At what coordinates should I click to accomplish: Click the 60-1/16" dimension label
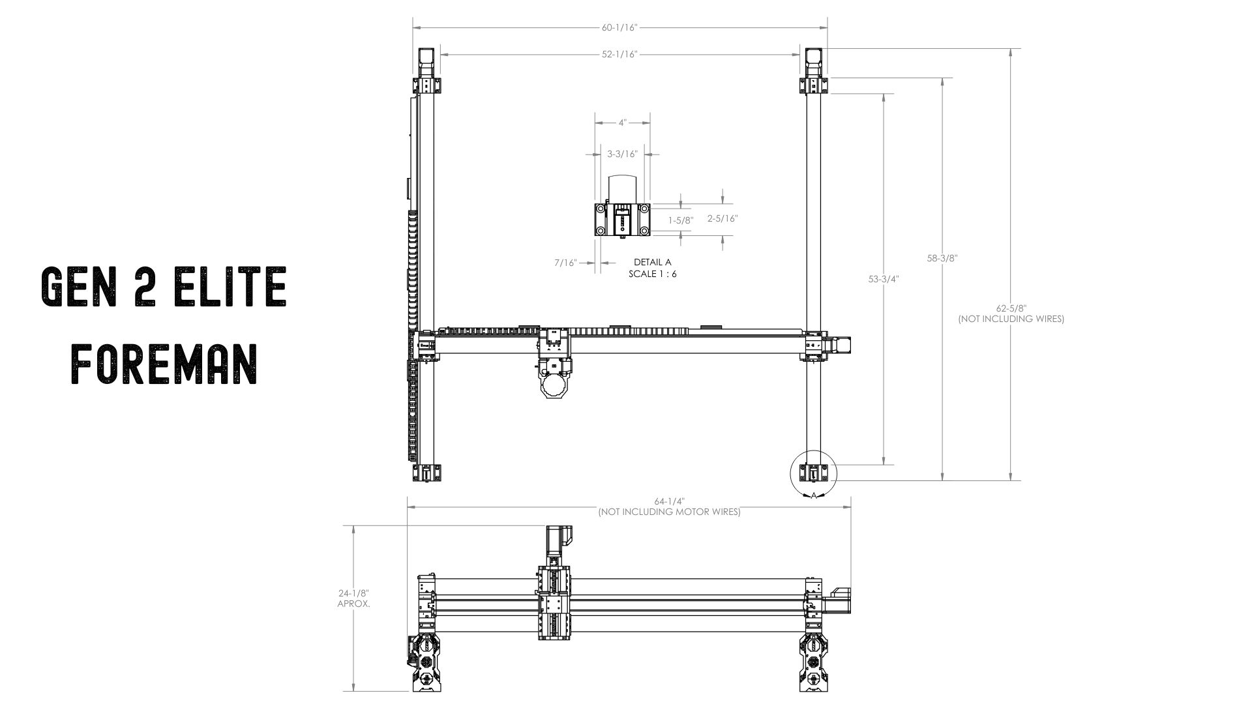(619, 27)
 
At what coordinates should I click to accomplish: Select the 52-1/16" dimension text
(619, 54)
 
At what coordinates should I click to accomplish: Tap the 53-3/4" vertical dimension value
(884, 279)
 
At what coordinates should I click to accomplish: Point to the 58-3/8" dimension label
(942, 258)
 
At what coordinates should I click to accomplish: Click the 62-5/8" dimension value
(1011, 308)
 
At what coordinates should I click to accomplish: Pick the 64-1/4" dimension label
(670, 502)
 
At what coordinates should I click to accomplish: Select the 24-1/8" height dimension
(353, 594)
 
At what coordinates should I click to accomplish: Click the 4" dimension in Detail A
(623, 123)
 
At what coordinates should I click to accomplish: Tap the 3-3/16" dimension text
(622, 154)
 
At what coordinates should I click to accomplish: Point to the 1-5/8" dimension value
(681, 221)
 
